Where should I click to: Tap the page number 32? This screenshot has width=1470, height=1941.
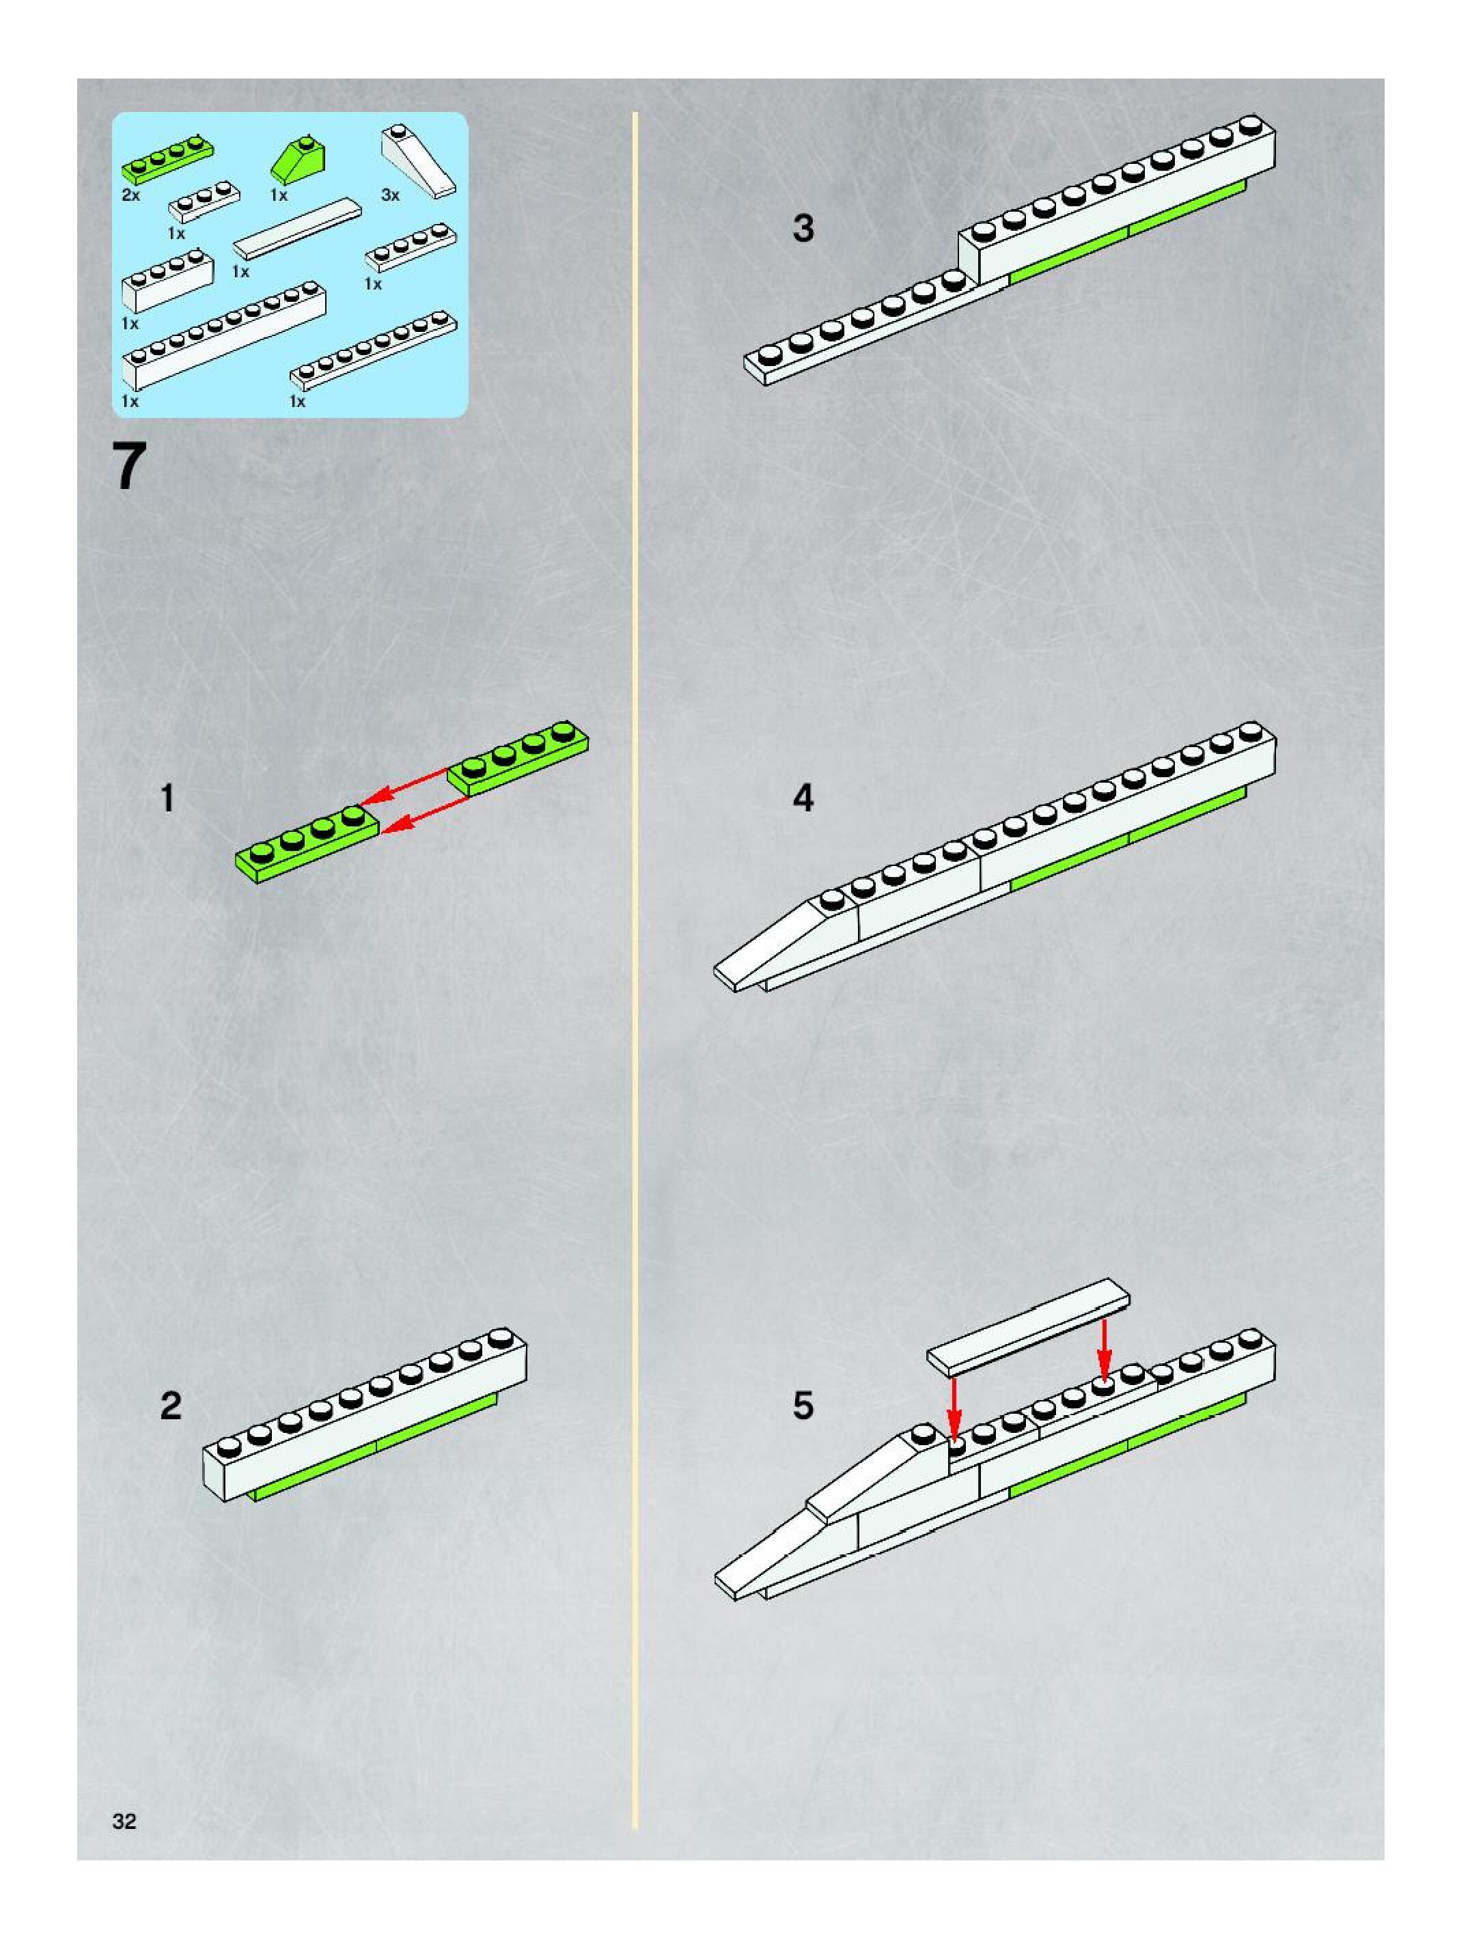pyautogui.click(x=124, y=1821)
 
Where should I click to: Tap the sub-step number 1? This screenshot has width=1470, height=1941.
pyautogui.click(x=167, y=798)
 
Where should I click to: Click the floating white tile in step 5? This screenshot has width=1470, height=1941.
pyautogui.click(x=1029, y=1323)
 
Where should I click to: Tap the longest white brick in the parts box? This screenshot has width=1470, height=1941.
pyautogui.click(x=225, y=335)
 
